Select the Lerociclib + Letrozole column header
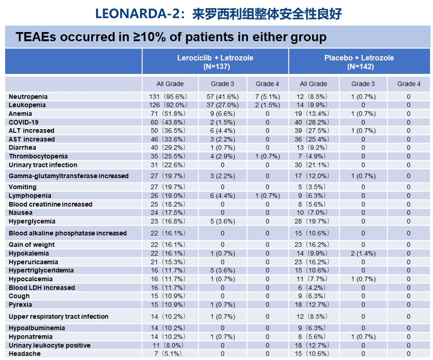click(215, 62)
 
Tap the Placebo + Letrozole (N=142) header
click(359, 62)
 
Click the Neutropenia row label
click(28, 97)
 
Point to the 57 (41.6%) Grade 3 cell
click(222, 97)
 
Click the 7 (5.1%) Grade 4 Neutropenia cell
click(268, 97)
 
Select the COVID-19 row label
click(25, 122)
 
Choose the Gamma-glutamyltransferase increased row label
click(68, 176)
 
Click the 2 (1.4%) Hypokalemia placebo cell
click(363, 253)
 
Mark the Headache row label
click(24, 353)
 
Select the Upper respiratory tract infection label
click(58, 317)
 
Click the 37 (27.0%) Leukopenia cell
click(222, 105)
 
